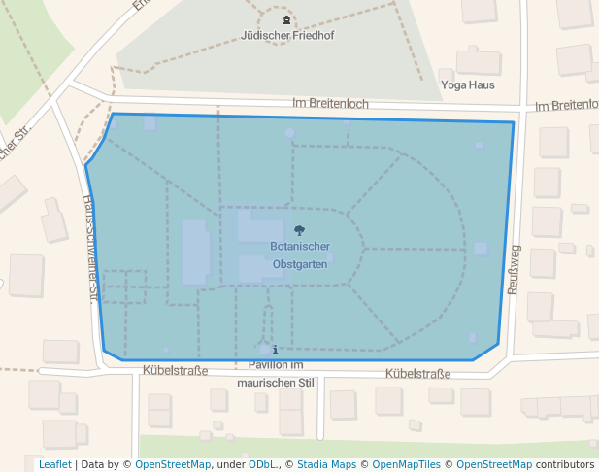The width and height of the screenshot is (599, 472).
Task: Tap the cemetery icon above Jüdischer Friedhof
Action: pyautogui.click(x=286, y=19)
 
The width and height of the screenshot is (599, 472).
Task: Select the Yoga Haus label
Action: pyautogui.click(x=468, y=85)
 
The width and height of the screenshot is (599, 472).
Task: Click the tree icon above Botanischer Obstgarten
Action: pyautogui.click(x=299, y=230)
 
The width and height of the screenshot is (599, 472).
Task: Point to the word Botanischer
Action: pyautogui.click(x=300, y=247)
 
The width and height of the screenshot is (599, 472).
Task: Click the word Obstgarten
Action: pyautogui.click(x=300, y=264)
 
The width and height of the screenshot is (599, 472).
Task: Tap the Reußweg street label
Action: pyautogui.click(x=515, y=268)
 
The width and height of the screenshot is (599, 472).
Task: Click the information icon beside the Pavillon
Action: pyautogui.click(x=276, y=349)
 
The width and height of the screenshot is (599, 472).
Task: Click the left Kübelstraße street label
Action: pyautogui.click(x=175, y=371)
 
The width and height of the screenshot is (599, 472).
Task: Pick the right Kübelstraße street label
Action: pyautogui.click(x=418, y=374)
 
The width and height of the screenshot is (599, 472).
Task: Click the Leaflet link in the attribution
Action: pyautogui.click(x=55, y=464)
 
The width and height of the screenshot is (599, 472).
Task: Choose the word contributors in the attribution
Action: pyautogui.click(x=565, y=464)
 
